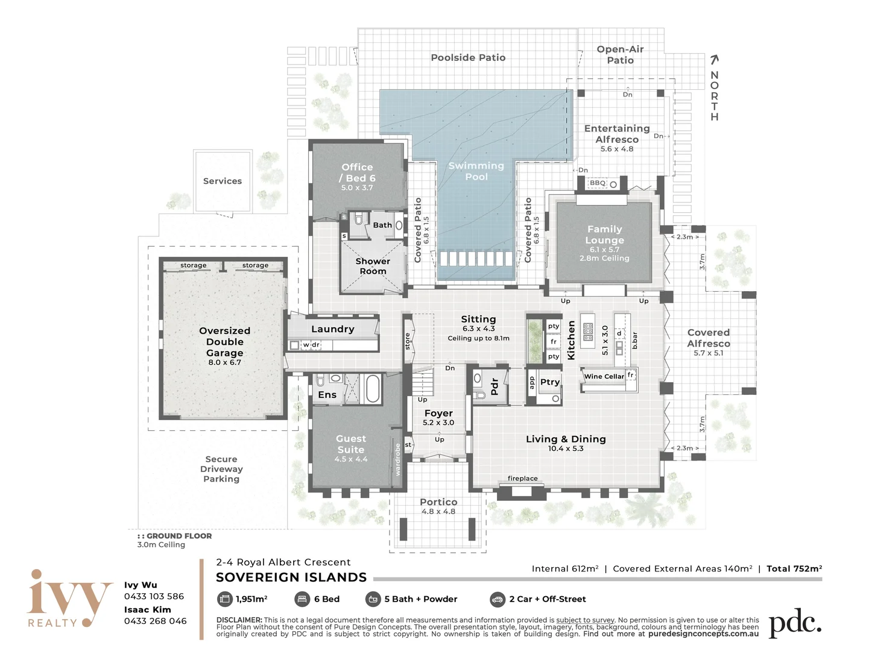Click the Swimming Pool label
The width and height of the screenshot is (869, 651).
476,171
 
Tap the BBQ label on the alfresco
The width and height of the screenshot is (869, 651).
597,183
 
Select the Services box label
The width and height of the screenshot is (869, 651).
222,181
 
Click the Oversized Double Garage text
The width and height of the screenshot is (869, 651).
224,342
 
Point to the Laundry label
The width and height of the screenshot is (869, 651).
332,329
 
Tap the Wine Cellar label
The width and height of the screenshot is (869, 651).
604,376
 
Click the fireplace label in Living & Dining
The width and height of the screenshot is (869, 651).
522,479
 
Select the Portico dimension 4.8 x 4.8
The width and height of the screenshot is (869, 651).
438,512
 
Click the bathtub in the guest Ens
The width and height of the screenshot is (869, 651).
373,389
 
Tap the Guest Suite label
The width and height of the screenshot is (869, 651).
351,444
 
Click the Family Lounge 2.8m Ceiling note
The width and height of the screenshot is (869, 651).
604,259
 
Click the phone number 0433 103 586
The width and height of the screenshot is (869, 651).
154,597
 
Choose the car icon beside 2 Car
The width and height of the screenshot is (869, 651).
497,599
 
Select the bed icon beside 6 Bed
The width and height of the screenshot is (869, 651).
302,599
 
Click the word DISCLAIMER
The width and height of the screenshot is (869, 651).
239,620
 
